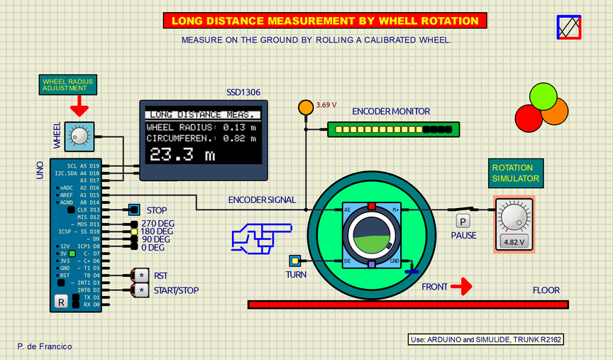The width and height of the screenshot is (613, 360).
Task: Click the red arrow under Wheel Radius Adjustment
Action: [79, 107]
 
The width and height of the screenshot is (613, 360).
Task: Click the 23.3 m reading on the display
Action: [182, 155]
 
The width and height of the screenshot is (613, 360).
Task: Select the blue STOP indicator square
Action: [133, 210]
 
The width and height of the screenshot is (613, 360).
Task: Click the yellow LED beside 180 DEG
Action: [133, 231]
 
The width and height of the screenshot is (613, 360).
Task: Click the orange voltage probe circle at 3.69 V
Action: [306, 107]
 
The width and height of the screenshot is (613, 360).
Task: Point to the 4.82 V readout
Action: [513, 241]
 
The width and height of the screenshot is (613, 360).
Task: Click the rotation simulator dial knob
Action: [513, 216]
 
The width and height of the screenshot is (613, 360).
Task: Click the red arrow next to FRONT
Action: [462, 286]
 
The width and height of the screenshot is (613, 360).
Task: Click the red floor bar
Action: [408, 305]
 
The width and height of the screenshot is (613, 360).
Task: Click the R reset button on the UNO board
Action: [60, 302]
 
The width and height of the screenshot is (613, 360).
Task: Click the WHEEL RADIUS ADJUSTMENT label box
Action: [67, 85]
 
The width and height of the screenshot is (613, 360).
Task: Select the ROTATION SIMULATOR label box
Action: [516, 173]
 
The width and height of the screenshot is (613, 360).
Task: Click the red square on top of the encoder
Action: [372, 206]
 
